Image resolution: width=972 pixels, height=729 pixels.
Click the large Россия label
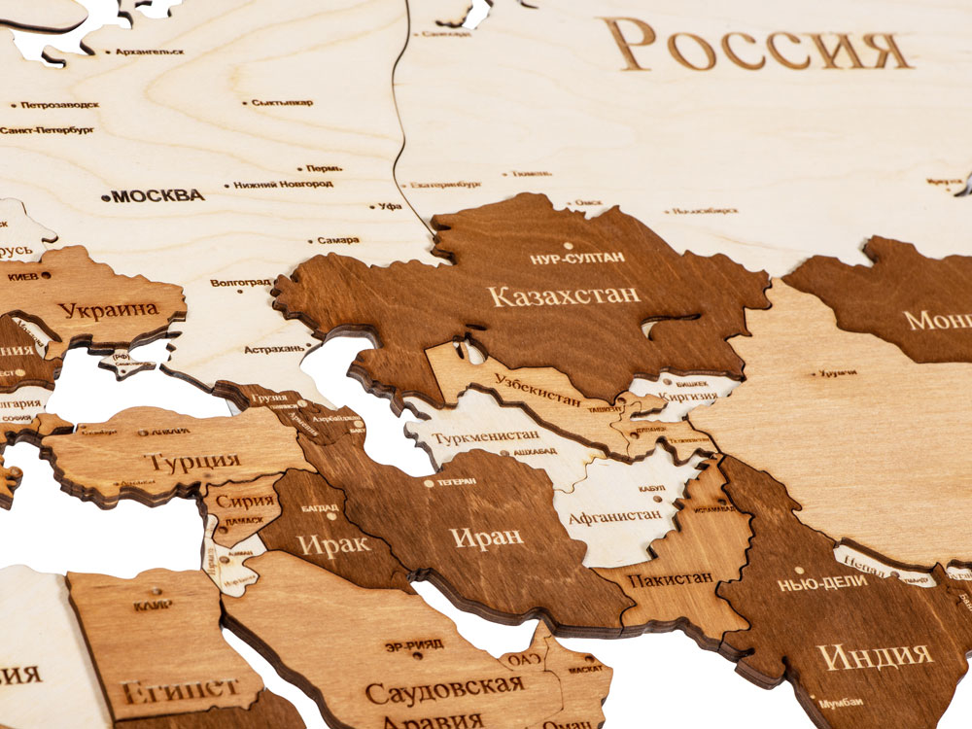click(x=758, y=46)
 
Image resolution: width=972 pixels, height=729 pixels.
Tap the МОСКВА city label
click(x=156, y=195)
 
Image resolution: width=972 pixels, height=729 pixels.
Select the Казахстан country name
click(x=564, y=295)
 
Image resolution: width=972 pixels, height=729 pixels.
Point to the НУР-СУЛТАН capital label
click(x=577, y=258)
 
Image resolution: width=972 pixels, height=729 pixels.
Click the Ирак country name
click(x=333, y=543)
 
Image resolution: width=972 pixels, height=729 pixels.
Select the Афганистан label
click(x=614, y=515)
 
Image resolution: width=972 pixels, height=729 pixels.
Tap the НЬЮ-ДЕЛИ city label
click(x=822, y=584)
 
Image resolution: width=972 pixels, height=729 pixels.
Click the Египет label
click(x=181, y=690)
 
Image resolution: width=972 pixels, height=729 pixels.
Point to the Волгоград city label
click(x=240, y=283)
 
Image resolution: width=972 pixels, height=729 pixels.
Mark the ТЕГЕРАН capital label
click(x=456, y=481)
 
